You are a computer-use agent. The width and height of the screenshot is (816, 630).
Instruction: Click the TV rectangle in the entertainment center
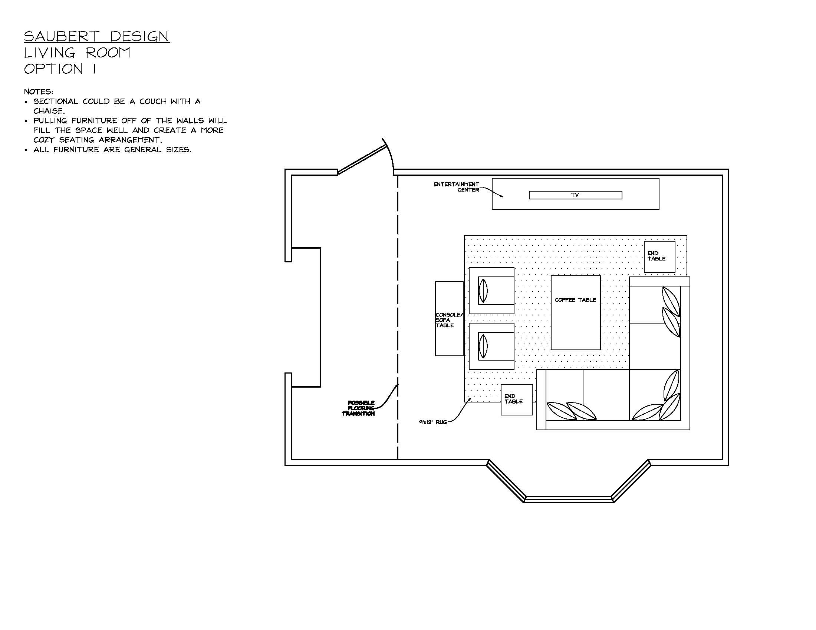pyautogui.click(x=575, y=195)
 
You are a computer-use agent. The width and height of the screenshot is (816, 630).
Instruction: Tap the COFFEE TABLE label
pyautogui.click(x=575, y=300)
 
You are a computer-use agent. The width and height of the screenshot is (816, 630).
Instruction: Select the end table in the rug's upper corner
pyautogui.click(x=659, y=256)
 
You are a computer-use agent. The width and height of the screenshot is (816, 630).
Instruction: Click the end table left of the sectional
pyautogui.click(x=516, y=399)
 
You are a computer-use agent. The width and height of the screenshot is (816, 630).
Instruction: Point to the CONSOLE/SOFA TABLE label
pyautogui.click(x=448, y=320)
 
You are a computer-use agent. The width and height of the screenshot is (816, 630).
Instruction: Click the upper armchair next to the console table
pyautogui.click(x=492, y=291)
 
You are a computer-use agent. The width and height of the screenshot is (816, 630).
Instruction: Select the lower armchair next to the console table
pyautogui.click(x=492, y=346)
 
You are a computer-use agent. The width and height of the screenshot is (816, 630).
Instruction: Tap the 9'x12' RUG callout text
pyautogui.click(x=432, y=422)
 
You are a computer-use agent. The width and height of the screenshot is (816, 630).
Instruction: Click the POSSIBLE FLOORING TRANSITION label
pyautogui.click(x=359, y=408)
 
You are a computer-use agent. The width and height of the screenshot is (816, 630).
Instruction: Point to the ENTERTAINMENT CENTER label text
pyautogui.click(x=457, y=187)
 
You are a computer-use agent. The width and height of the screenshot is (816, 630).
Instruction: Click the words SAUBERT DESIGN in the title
pyautogui.click(x=97, y=36)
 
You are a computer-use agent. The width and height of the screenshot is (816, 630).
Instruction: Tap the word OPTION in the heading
pyautogui.click(x=53, y=69)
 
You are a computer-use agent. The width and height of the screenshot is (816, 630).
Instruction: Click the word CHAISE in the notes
pyautogui.click(x=49, y=111)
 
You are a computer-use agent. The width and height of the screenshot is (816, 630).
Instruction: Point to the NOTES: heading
pyautogui.click(x=38, y=92)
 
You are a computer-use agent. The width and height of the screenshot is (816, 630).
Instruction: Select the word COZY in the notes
pyautogui.click(x=44, y=140)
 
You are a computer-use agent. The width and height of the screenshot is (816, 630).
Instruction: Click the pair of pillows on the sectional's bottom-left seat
pyautogui.click(x=571, y=411)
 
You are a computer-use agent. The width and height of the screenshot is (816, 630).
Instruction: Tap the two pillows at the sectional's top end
pyautogui.click(x=671, y=312)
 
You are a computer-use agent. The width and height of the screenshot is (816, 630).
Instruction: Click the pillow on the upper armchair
pyautogui.click(x=483, y=291)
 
